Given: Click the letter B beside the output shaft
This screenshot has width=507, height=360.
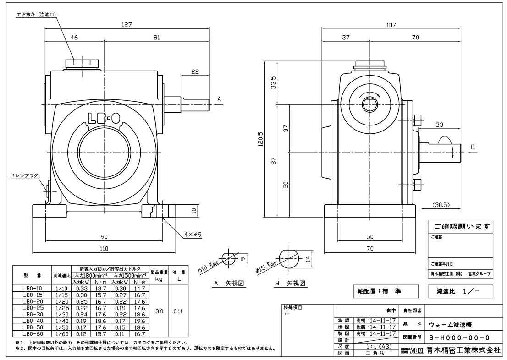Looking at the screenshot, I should (x=473, y=147).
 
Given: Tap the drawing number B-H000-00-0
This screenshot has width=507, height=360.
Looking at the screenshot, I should (x=459, y=338).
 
